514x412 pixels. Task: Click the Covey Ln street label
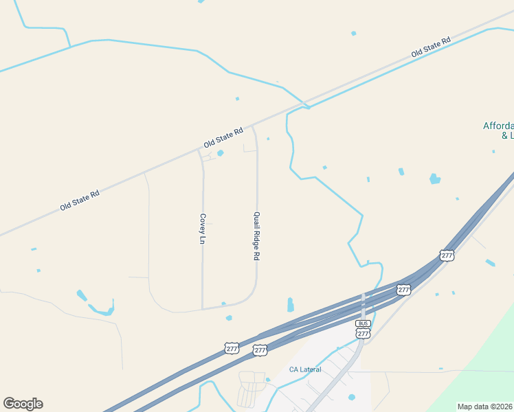pos(203,229)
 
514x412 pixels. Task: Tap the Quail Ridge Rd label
pos(256,235)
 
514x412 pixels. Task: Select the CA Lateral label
pos(305,369)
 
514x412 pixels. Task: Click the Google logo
pos(23,404)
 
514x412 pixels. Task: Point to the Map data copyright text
pos(485,407)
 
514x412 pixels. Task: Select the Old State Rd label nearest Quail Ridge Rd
pos(224,138)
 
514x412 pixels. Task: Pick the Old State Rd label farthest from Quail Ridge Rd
pos(80,200)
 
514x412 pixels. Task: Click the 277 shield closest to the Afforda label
pos(447,255)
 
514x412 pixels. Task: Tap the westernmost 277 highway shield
pos(232,349)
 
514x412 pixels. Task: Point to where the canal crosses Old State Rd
pos(307,106)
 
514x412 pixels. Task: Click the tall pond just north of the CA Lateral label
pos(290,304)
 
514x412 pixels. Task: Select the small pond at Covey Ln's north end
pos(220,153)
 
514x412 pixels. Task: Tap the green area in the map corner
pos(481,371)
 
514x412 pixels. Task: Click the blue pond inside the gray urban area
pos(352,397)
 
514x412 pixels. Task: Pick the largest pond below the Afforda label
pos(434,179)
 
